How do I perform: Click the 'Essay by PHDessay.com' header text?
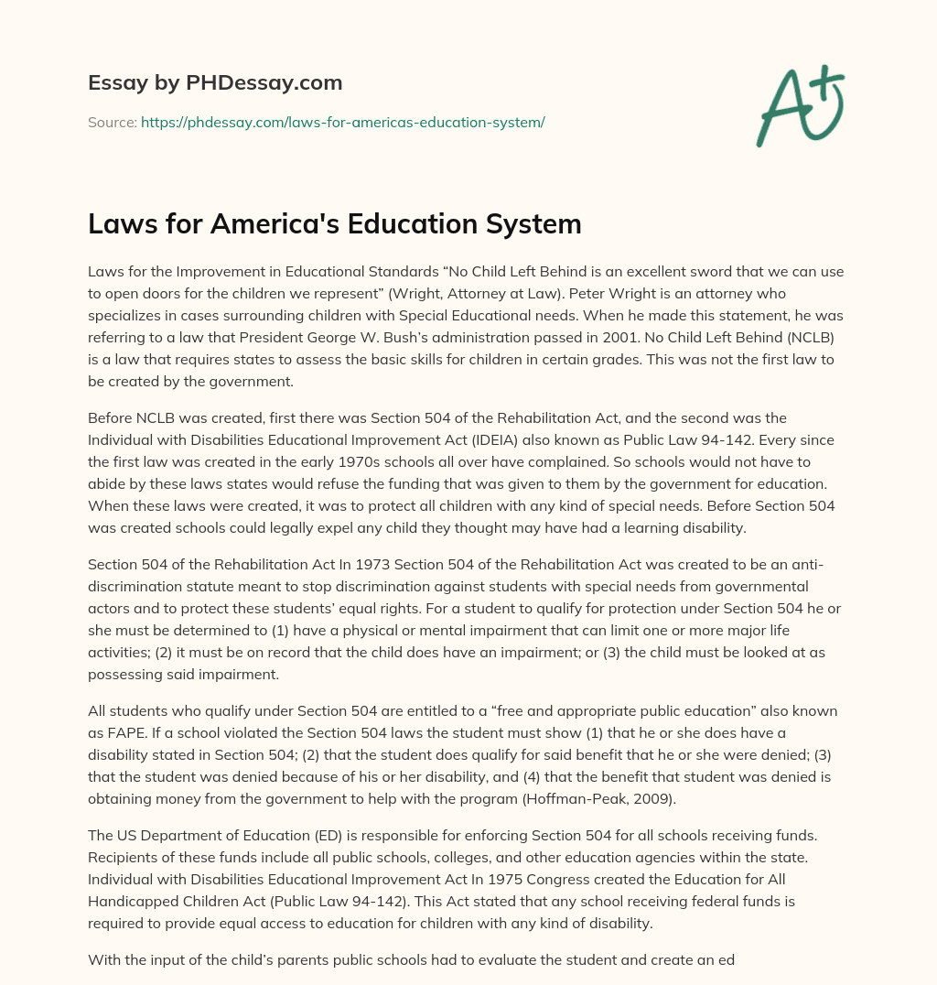[215, 83]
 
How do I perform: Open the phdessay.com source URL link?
[342, 122]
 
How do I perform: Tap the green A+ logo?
[799, 106]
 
